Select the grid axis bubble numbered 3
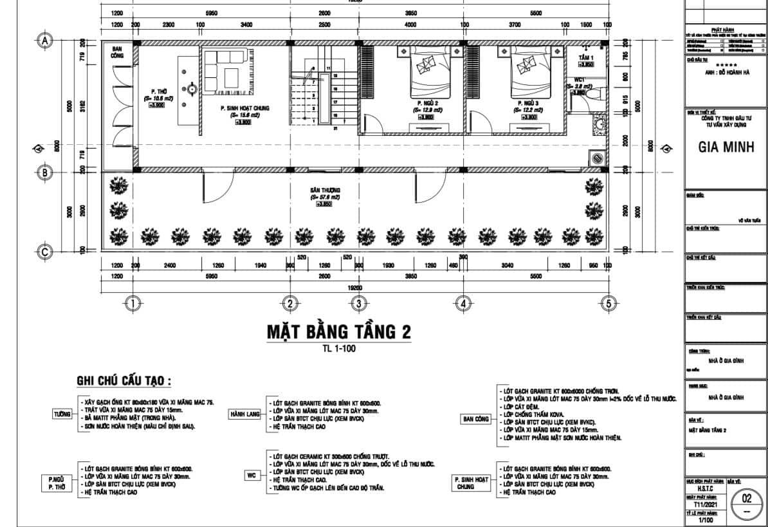pyautogui.click(x=358, y=304)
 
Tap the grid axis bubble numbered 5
pyautogui.click(x=607, y=304)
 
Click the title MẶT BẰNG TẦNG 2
pyautogui.click(x=339, y=333)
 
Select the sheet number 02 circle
pyautogui.click(x=746, y=499)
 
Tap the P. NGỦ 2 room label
pyautogui.click(x=427, y=103)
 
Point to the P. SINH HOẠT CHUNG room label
pyautogui.click(x=244, y=108)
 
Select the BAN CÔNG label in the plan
pyautogui.click(x=118, y=52)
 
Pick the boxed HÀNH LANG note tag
pyautogui.click(x=243, y=414)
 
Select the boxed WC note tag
pyautogui.click(x=251, y=476)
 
